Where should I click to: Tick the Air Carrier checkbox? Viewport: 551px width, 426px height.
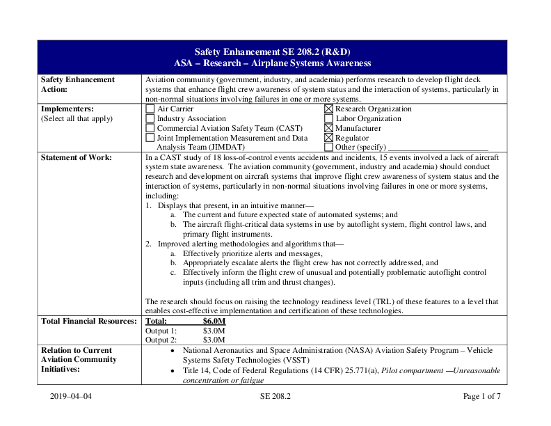click(150, 109)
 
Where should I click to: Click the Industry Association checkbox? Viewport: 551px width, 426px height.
click(150, 119)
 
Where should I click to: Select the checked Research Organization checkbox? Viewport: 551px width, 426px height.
click(328, 109)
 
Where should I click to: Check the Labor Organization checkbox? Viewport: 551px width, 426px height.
click(328, 119)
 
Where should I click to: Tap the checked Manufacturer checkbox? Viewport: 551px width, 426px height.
click(328, 129)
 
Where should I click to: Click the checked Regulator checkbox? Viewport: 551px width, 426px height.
click(328, 139)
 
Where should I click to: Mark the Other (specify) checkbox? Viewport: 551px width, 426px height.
click(328, 148)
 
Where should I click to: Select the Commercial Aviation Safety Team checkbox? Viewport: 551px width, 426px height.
click(150, 129)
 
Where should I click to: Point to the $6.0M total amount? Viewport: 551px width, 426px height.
click(214, 322)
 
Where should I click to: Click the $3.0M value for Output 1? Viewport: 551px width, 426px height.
click(212, 331)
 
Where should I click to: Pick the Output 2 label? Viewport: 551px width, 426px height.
click(161, 340)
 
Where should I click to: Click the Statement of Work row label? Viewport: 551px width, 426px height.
click(76, 158)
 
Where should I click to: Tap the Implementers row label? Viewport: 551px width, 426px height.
click(67, 109)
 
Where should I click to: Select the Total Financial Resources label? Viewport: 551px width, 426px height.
click(88, 322)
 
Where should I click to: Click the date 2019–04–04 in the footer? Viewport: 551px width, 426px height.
click(71, 397)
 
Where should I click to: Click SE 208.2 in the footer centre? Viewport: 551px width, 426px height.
click(275, 397)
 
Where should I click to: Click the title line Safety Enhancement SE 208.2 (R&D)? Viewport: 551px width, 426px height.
click(272, 52)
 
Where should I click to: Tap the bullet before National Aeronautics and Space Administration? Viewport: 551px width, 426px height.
click(172, 352)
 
